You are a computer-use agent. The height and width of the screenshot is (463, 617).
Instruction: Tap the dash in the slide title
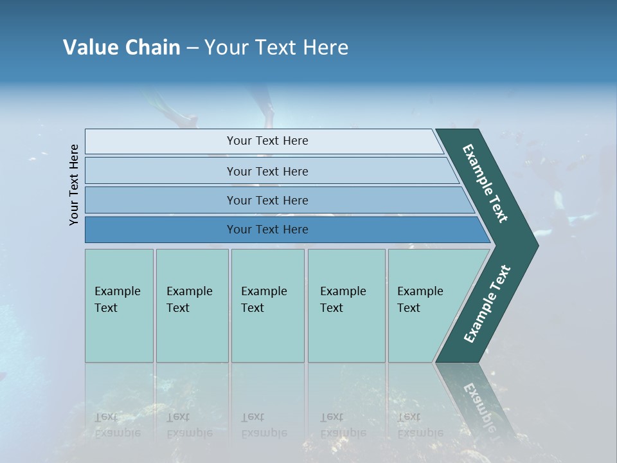click(192, 48)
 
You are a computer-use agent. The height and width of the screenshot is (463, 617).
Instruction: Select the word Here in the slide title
click(326, 48)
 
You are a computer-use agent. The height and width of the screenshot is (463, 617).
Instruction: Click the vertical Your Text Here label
click(74, 185)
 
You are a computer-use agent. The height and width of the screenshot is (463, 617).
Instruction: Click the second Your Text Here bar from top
click(267, 171)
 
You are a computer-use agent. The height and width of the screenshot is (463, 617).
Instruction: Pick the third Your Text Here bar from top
click(267, 200)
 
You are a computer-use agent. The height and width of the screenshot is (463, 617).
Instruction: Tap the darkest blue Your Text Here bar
click(267, 230)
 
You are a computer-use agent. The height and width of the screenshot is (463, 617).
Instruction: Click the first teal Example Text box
click(119, 305)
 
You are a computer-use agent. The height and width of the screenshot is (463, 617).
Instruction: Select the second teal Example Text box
click(192, 305)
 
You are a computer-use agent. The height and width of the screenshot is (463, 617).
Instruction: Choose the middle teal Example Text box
click(267, 305)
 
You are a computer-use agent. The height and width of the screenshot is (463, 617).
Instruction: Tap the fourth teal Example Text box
click(346, 305)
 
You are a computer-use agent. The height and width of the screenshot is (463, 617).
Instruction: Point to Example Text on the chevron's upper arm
click(486, 183)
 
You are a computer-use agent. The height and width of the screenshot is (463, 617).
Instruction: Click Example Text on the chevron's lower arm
click(487, 304)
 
